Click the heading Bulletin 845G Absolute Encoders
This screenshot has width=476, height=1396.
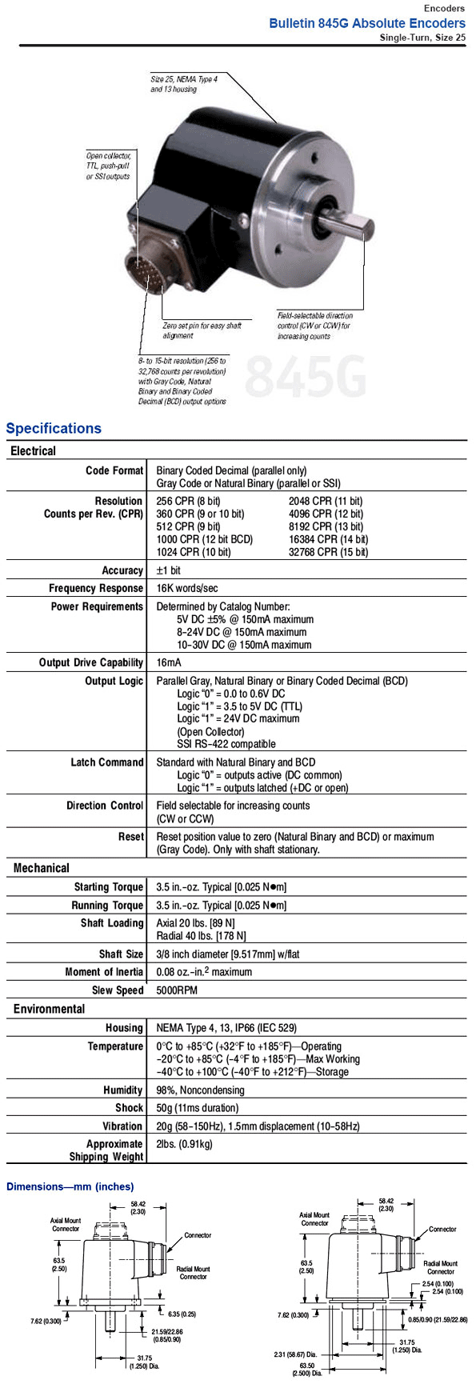tap(366, 23)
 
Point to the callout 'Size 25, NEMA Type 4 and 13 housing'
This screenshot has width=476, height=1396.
tap(183, 84)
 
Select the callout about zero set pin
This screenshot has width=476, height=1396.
tap(201, 330)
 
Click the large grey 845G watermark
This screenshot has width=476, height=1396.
tap(305, 376)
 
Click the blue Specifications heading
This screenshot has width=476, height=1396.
tap(54, 428)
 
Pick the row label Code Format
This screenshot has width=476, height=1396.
tap(114, 470)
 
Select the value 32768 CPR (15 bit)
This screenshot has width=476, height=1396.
tap(328, 552)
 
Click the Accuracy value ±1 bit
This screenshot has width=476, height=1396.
tap(169, 570)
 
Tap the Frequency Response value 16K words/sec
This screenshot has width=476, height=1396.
tap(186, 588)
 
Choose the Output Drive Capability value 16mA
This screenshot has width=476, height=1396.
tap(169, 662)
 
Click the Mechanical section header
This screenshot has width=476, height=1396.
tap(42, 868)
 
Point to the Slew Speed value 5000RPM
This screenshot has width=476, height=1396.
tap(178, 990)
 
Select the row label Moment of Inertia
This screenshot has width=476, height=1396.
tap(104, 972)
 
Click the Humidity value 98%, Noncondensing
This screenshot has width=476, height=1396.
tap(200, 1090)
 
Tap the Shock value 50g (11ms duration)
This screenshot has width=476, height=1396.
tap(197, 1108)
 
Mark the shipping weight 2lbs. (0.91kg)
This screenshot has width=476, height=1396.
tap(184, 1144)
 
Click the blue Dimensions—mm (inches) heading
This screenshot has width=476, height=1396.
tap(70, 1186)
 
